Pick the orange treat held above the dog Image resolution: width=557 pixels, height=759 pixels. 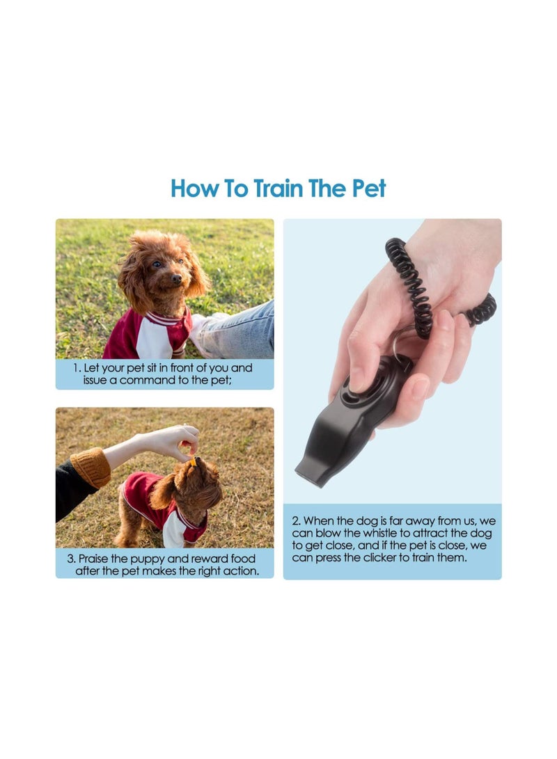pos(191,461)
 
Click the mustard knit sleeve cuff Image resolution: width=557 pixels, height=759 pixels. pos(91,468)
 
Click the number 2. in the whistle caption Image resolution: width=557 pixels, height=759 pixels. pos(297,520)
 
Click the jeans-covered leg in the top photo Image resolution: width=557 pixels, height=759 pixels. pos(240,330)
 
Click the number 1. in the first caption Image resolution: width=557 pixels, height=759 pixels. pos(77,367)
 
